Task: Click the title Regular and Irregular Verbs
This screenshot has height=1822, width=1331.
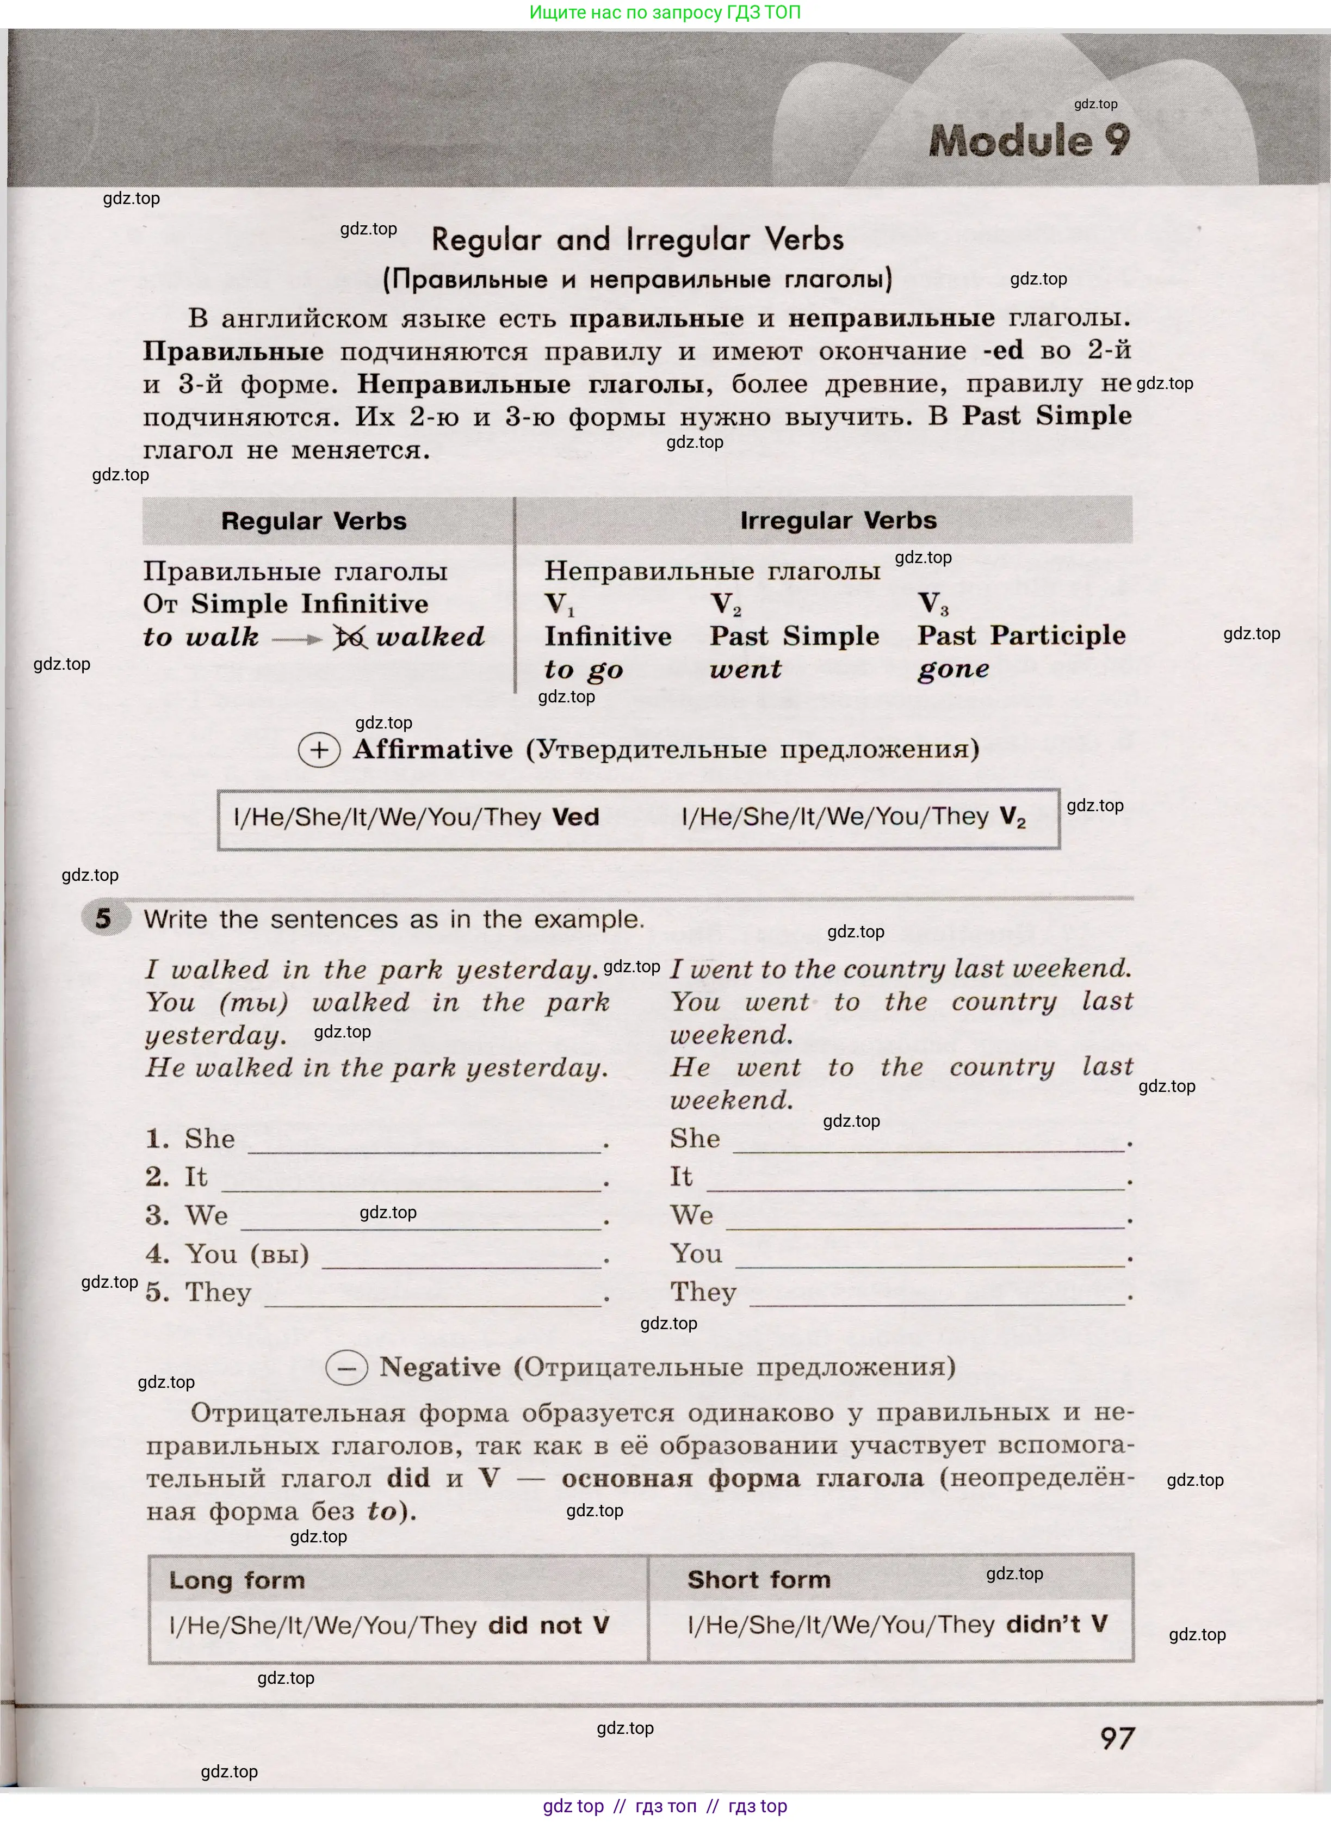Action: click(x=637, y=240)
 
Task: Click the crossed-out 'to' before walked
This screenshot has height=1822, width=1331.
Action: click(x=350, y=638)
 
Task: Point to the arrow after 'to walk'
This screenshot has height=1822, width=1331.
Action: click(x=298, y=640)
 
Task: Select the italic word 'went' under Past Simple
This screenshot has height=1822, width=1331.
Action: click(x=745, y=670)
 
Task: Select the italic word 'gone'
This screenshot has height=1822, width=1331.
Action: click(x=953, y=670)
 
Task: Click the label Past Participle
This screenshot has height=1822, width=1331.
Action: click(x=1021, y=636)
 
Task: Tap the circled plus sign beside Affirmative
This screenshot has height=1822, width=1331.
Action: click(x=319, y=751)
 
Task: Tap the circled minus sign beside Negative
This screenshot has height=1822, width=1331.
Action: click(x=346, y=1368)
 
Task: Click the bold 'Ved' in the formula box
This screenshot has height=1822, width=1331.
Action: click(x=575, y=818)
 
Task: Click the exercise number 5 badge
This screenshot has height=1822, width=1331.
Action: click(x=104, y=919)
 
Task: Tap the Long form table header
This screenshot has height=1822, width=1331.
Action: click(x=237, y=1580)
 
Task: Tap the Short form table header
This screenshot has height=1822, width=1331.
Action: click(x=758, y=1579)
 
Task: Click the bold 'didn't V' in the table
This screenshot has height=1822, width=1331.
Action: click(x=1057, y=1625)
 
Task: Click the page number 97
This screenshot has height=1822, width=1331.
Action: click(x=1117, y=1738)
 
